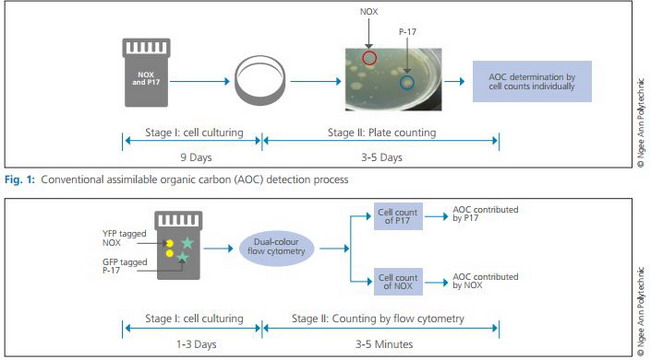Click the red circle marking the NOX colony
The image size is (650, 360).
pyautogui.click(x=363, y=58)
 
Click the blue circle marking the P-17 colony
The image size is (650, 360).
pyautogui.click(x=400, y=83)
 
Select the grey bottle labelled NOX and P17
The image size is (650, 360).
pyautogui.click(x=146, y=72)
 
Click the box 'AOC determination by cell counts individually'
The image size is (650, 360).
pyautogui.click(x=532, y=81)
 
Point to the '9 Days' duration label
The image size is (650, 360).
pyautogui.click(x=196, y=158)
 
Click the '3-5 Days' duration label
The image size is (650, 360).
pyautogui.click(x=381, y=158)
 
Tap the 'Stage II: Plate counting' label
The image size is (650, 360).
pyautogui.click(x=382, y=133)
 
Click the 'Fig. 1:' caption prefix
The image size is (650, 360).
pyautogui.click(x=20, y=180)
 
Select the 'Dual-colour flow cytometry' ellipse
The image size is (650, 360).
pyautogui.click(x=276, y=248)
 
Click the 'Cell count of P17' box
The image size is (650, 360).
pyautogui.click(x=398, y=216)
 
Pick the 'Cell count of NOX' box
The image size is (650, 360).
pyautogui.click(x=398, y=282)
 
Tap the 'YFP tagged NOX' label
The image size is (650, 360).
pyautogui.click(x=124, y=238)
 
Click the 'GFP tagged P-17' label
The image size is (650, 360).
pyautogui.click(x=125, y=266)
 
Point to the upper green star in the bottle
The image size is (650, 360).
pyautogui.click(x=187, y=243)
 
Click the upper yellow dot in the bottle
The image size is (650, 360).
pyautogui.click(x=170, y=243)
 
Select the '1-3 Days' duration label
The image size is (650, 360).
pyautogui.click(x=196, y=344)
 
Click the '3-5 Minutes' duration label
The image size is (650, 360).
pyautogui.click(x=384, y=344)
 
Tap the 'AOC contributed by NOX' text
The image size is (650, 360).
pyautogui.click(x=485, y=281)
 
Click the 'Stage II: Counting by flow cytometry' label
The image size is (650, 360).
pyautogui.click(x=378, y=319)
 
